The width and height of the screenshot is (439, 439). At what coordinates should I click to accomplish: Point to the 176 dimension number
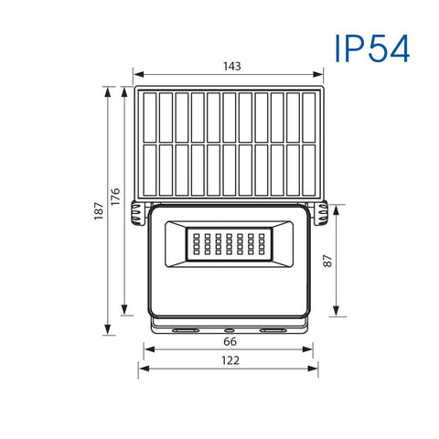(116, 198)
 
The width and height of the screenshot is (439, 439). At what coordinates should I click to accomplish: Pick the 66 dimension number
(230, 341)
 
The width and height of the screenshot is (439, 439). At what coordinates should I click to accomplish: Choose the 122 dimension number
(230, 360)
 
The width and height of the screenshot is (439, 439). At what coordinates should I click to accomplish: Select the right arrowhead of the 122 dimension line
(317, 370)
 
